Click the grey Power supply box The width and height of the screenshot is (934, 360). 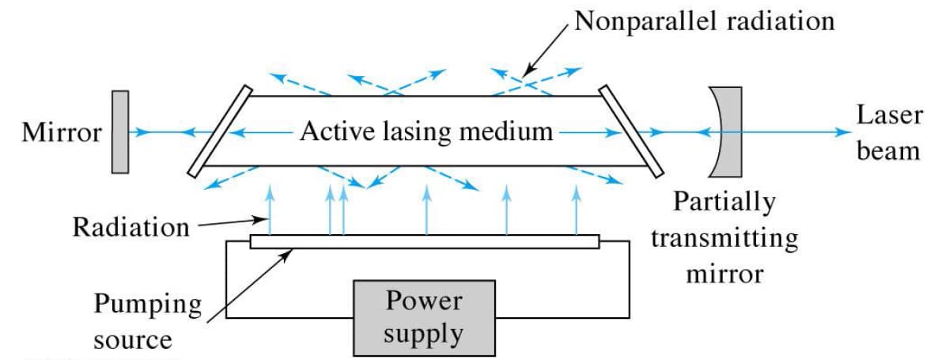pos(424,317)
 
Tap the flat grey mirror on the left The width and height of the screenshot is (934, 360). pos(120,131)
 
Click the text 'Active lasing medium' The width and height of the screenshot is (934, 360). pos(425,131)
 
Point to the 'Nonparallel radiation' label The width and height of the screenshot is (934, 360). pos(704,21)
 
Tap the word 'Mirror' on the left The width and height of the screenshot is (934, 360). pos(62,133)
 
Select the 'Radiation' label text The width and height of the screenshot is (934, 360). pos(131,227)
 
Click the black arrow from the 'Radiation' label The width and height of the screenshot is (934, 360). pos(229,222)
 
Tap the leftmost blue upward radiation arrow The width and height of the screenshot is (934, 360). pos(270,209)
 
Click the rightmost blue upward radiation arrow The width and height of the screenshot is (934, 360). pos(576,209)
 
